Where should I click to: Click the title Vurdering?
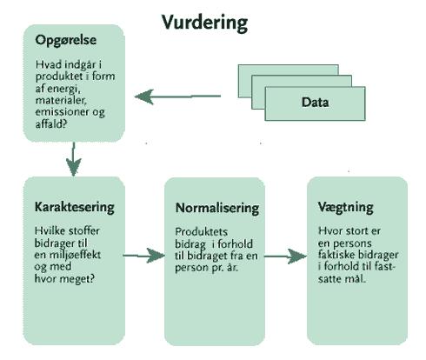coord(204,23)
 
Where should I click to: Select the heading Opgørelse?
coord(66,40)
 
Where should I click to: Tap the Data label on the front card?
coord(315,103)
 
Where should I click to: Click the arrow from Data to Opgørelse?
coord(177,97)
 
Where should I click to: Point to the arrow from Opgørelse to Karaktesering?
coord(74,159)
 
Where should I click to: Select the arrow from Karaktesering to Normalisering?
coord(144,256)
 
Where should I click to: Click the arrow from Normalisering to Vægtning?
coord(285,257)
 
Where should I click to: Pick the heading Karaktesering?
coord(75,207)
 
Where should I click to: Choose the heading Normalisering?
coord(217,208)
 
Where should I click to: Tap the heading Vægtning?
coord(345,207)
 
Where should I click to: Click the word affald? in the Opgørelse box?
coord(51,124)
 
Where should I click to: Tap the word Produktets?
coord(202,232)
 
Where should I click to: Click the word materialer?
coord(61,100)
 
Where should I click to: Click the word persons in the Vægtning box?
coord(352,243)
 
